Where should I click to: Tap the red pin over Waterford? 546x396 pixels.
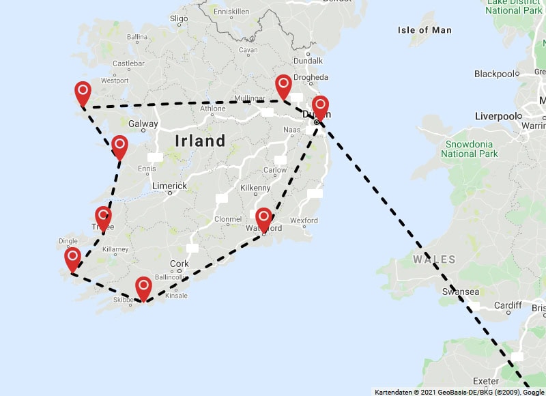264,219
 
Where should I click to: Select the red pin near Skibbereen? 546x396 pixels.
143,287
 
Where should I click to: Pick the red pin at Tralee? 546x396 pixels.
103,217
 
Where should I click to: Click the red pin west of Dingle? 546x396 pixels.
72,259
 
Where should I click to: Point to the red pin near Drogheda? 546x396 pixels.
283,87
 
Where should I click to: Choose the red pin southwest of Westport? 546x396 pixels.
83,93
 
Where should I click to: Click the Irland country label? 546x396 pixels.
200,141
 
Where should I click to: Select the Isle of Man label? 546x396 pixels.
425,30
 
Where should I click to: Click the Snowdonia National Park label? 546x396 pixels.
472,149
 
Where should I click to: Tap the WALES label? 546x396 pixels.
434,259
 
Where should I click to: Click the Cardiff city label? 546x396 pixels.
508,305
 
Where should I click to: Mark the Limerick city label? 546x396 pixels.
169,186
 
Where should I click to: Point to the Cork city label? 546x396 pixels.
179,264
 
